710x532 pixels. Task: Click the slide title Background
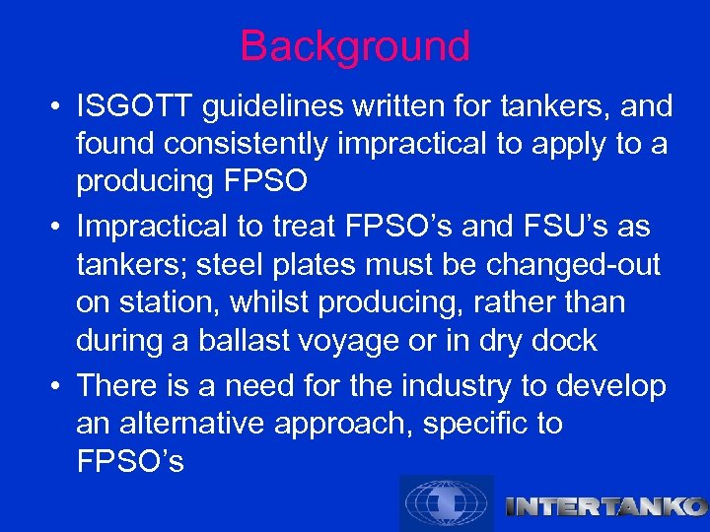pyautogui.click(x=355, y=46)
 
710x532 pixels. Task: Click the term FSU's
pyautogui.click(x=564, y=227)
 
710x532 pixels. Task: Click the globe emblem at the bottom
pyautogui.click(x=446, y=502)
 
